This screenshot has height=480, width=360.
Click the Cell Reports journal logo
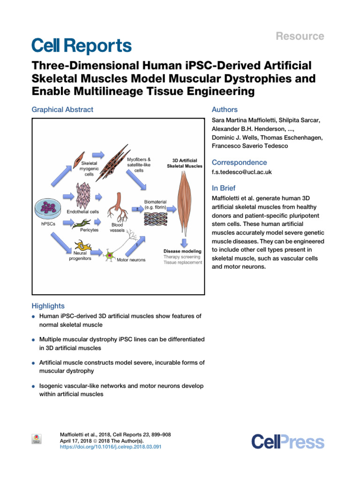pyautogui.click(x=82, y=46)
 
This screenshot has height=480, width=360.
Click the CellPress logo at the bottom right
pyautogui.click(x=287, y=442)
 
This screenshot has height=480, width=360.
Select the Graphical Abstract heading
pyautogui.click(x=62, y=110)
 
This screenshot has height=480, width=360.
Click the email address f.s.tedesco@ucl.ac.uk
pyautogui.click(x=241, y=172)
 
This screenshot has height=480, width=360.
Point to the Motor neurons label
pyautogui.click(x=131, y=260)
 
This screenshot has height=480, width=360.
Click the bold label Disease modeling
pyautogui.click(x=182, y=251)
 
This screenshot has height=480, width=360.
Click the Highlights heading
pyautogui.click(x=48, y=306)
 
